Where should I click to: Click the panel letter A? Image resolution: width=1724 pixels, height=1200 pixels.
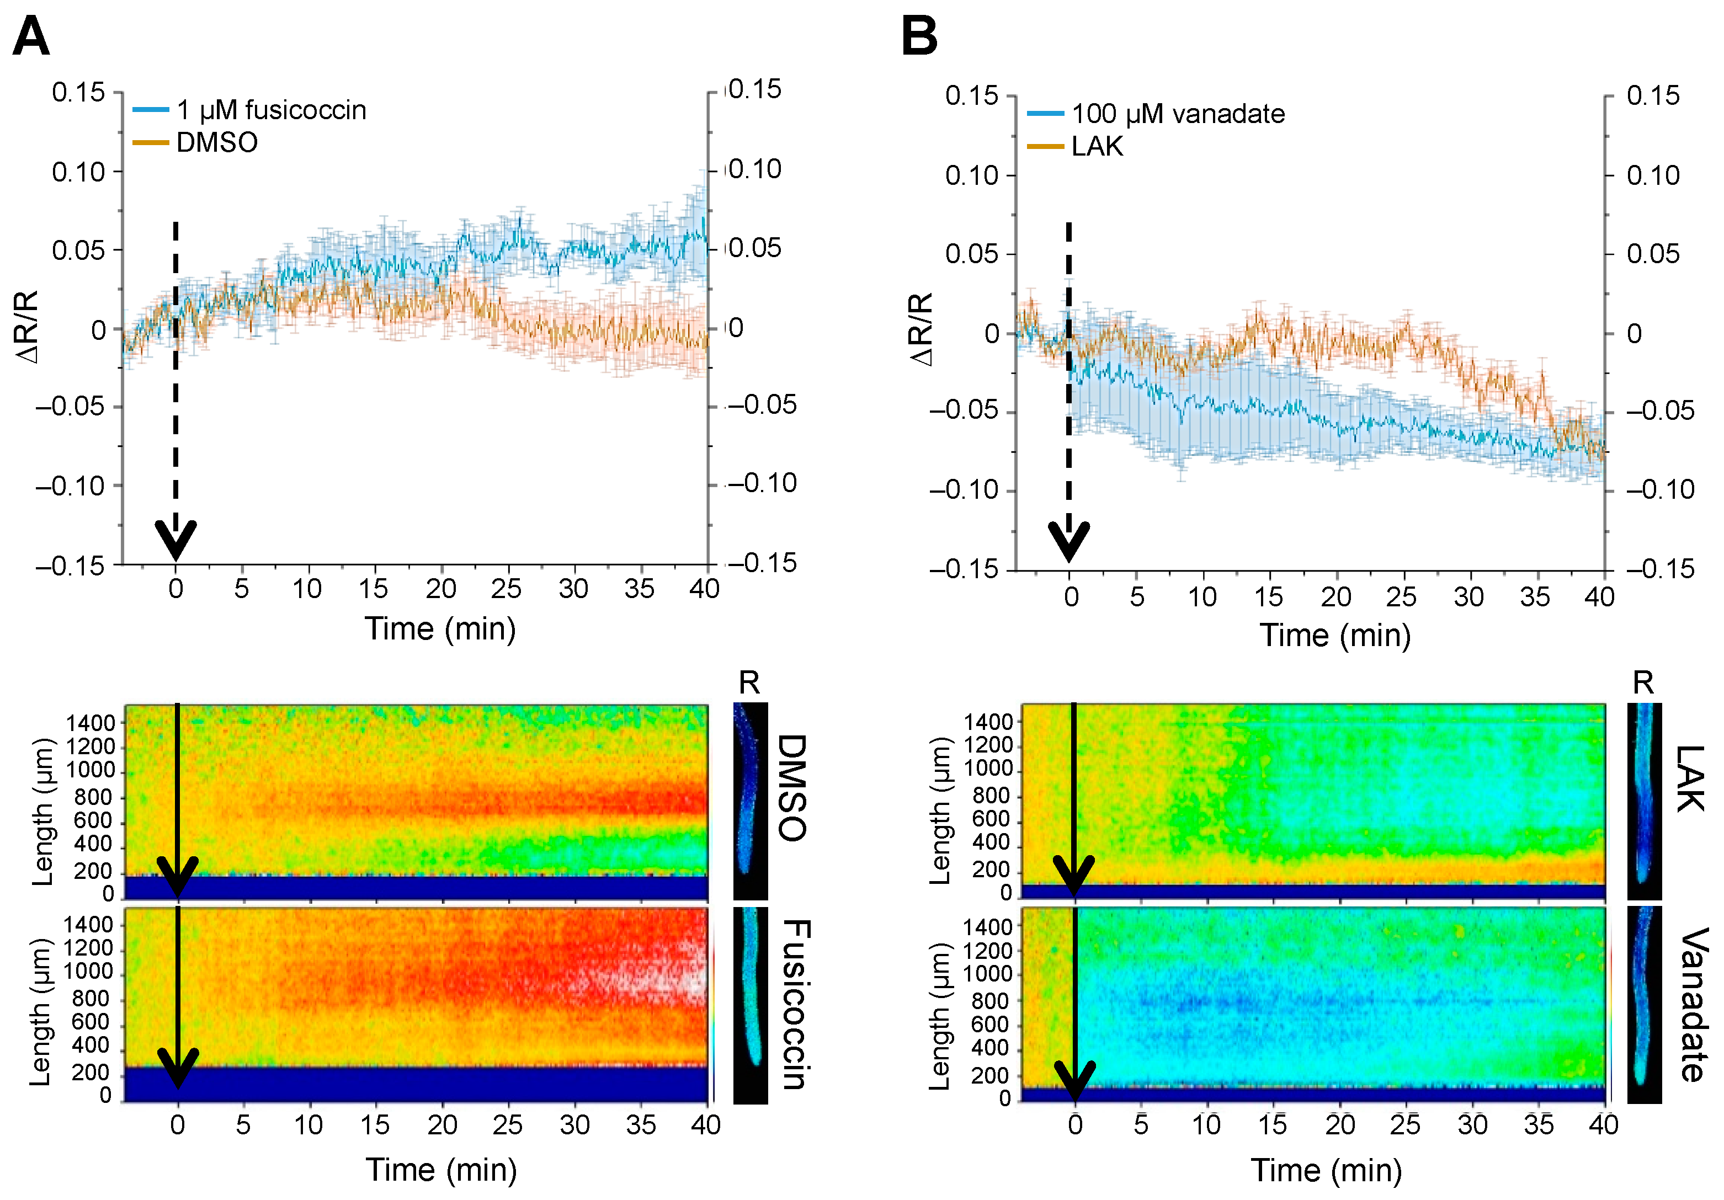[x=31, y=36]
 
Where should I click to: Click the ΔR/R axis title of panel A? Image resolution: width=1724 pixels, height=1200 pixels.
[x=27, y=327]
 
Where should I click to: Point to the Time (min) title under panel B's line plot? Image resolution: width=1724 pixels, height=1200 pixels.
[x=1335, y=636]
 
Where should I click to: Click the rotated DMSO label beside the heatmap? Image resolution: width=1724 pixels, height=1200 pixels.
[x=791, y=788]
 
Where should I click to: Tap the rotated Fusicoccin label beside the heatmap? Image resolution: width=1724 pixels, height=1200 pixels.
[x=795, y=1004]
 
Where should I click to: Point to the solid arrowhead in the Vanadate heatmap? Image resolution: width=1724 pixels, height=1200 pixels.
[x=1075, y=1081]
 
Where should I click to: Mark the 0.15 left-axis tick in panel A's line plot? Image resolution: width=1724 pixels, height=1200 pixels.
[x=78, y=93]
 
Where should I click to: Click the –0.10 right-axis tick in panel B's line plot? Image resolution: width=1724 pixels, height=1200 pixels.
[x=1660, y=490]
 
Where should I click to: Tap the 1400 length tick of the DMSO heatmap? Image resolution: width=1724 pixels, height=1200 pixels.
[x=91, y=723]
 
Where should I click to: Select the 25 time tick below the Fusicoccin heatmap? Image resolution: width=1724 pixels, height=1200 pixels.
[x=508, y=1125]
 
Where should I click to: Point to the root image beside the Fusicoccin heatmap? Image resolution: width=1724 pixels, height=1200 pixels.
[x=750, y=1004]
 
